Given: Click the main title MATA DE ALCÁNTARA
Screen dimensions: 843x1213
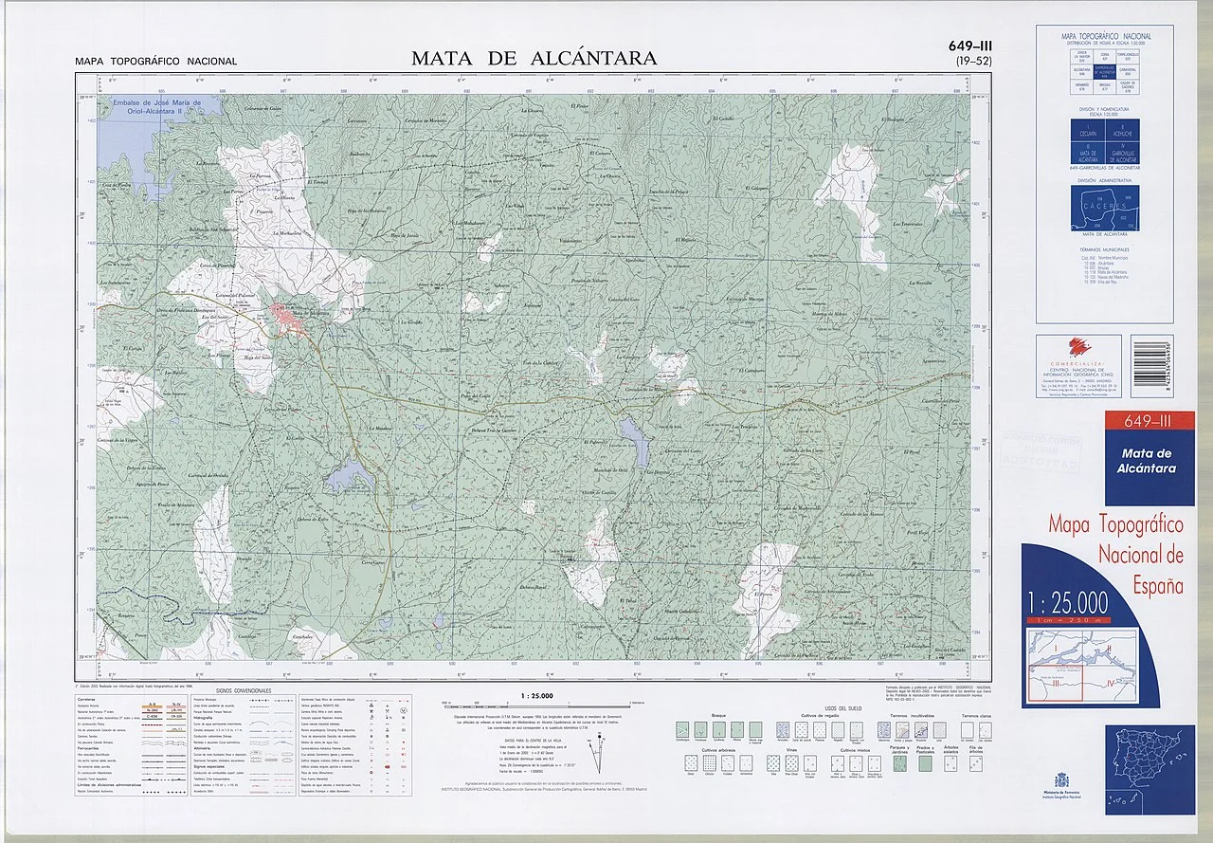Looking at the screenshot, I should point(534,58).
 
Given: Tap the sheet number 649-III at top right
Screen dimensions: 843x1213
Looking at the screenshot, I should point(969,46).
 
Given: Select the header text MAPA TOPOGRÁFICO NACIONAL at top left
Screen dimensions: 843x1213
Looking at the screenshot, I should point(156,62).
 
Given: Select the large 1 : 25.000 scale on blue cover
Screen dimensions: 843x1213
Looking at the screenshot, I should point(1067,601).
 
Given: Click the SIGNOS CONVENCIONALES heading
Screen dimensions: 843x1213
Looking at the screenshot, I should point(244,690).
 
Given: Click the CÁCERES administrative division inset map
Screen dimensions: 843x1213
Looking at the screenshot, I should point(1104,209).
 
